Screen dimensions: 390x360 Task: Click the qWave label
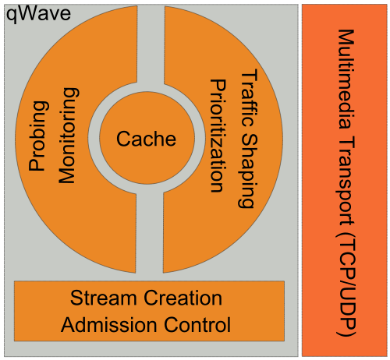click(x=38, y=14)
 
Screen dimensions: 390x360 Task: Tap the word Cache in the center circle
click(x=146, y=139)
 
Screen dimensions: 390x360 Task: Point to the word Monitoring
click(x=68, y=136)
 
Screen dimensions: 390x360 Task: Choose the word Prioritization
click(x=218, y=136)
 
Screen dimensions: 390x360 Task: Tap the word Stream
click(x=103, y=298)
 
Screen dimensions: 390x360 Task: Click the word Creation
click(x=183, y=298)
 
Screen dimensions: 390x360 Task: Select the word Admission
click(x=109, y=325)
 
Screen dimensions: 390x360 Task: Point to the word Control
click(x=197, y=325)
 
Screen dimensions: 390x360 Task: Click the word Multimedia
click(x=346, y=79)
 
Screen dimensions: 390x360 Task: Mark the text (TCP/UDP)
click(x=346, y=284)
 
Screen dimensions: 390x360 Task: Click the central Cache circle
click(x=147, y=138)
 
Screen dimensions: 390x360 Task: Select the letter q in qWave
click(x=11, y=16)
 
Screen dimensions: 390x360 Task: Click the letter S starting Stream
click(x=76, y=298)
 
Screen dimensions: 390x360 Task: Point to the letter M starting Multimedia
click(x=346, y=38)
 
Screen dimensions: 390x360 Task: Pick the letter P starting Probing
click(x=37, y=164)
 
